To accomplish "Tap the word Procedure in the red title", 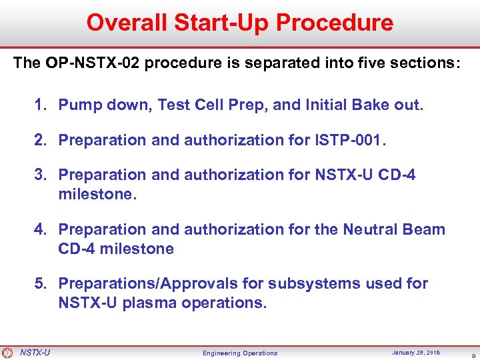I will click(335, 23).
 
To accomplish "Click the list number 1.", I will click(41, 105).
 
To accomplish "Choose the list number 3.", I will click(41, 175).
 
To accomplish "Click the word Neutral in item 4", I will click(370, 229).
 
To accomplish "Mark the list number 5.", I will click(41, 284).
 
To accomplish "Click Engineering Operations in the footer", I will click(240, 353).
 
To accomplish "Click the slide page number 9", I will click(472, 354).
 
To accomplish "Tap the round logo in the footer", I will click(7, 353).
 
